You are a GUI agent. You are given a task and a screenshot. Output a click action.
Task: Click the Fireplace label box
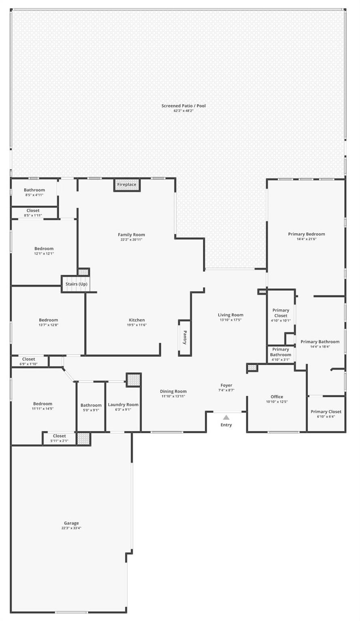pos(127,185)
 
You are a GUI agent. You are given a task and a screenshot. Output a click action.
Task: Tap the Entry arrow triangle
pos(226,418)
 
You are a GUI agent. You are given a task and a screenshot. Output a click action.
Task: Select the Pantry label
pos(185,338)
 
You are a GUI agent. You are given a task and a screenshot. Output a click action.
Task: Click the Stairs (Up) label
pos(76,284)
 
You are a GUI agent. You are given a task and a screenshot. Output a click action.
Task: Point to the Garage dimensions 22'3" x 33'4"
pos(71,528)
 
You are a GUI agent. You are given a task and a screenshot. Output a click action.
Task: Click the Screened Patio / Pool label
pos(184,106)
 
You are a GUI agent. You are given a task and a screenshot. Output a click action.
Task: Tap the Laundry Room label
pos(123,405)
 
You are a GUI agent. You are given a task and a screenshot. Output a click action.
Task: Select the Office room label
pos(277,397)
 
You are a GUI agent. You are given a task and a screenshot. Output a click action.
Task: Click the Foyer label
pos(227,385)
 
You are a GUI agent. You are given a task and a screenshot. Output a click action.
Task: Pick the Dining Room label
pos(173,391)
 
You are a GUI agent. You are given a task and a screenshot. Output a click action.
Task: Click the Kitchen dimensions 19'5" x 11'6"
pos(137,325)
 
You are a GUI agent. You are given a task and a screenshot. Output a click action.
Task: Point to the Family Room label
pos(131,235)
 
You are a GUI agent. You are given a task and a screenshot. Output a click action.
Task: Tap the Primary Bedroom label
pos(307,234)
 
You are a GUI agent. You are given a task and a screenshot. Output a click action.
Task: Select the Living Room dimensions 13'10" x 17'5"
pos(231,320)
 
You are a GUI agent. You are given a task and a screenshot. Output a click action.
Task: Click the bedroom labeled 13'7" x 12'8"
pos(49,323)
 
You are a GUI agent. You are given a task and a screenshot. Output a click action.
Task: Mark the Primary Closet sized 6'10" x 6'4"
pos(326,414)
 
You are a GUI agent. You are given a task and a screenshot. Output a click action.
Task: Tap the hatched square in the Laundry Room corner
pos(133,380)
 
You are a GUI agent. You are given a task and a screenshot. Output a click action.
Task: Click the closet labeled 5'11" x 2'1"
pos(59,438)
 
